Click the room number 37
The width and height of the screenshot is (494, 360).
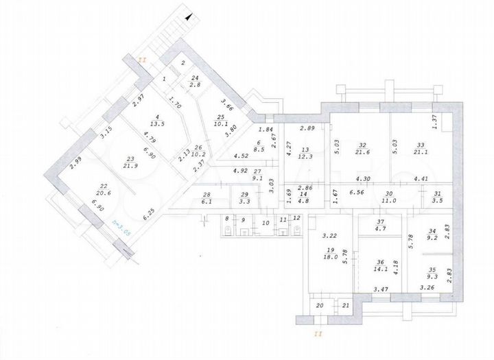[x=381, y=222]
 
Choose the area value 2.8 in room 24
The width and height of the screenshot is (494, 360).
[x=195, y=84]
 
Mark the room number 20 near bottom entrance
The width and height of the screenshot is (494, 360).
[x=320, y=306]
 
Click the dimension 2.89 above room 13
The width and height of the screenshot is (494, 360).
[x=307, y=129]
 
